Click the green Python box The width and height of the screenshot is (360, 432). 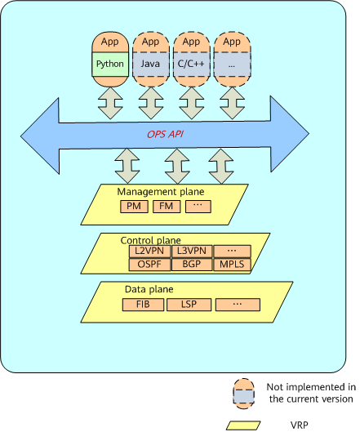[x=110, y=64]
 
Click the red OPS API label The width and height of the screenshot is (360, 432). [x=165, y=134]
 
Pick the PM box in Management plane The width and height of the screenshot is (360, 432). [x=134, y=207]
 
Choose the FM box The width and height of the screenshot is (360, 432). [x=167, y=207]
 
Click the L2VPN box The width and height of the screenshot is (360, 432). [x=149, y=251]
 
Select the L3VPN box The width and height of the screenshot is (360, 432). [x=192, y=251]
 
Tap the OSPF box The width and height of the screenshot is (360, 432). [x=149, y=265]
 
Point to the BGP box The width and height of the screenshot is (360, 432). [x=192, y=265]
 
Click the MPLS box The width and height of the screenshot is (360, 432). [x=232, y=265]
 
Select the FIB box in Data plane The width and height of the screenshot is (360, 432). [x=143, y=305]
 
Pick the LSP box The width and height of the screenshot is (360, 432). [x=189, y=305]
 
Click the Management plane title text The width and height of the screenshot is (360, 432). [x=161, y=192]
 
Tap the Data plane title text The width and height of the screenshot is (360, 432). [x=149, y=289]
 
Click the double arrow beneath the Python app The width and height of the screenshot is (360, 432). [x=110, y=103]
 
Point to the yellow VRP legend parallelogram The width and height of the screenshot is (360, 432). [x=243, y=425]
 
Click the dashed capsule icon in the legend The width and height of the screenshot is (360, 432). [x=243, y=394]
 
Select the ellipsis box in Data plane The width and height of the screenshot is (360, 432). [x=238, y=305]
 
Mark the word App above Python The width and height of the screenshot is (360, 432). [x=110, y=42]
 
